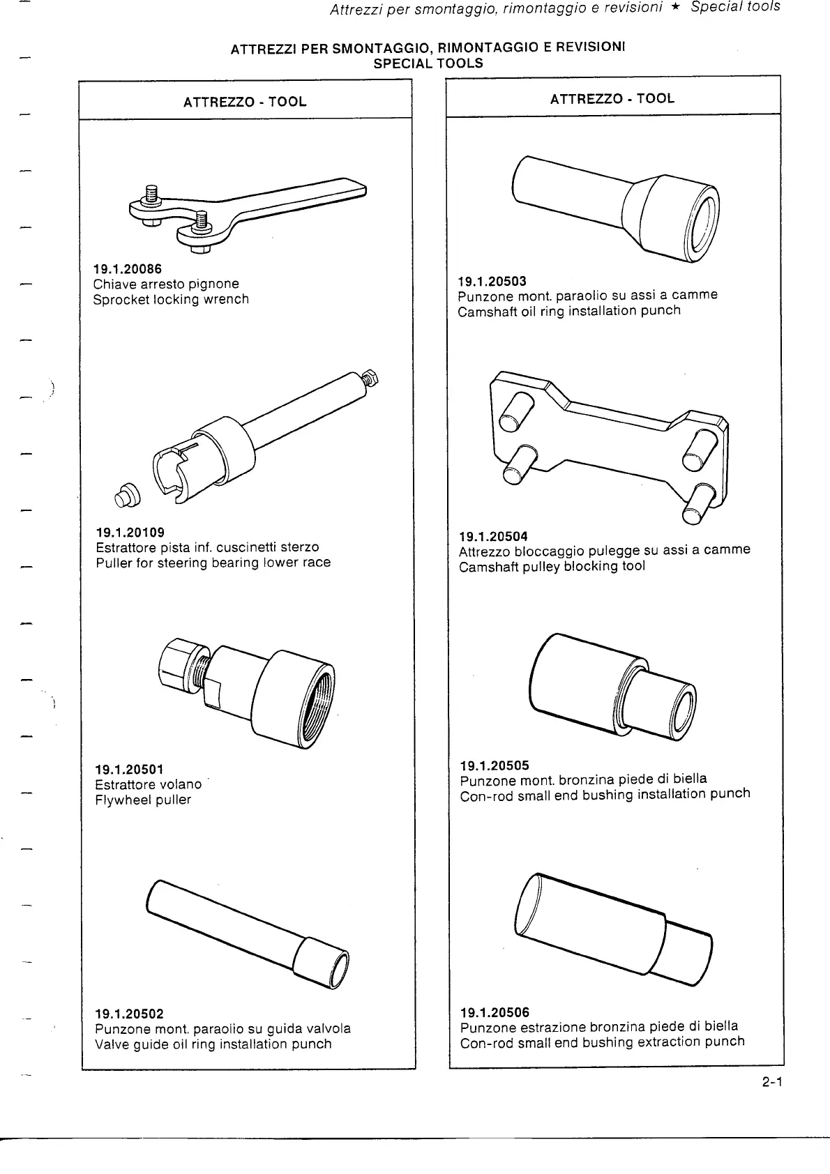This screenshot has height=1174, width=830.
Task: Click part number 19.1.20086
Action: pyautogui.click(x=128, y=268)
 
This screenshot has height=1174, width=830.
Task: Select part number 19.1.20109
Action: pyautogui.click(x=130, y=533)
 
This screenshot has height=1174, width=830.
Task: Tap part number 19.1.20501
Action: pyautogui.click(x=129, y=769)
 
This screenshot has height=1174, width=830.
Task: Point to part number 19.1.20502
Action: pyautogui.click(x=129, y=1013)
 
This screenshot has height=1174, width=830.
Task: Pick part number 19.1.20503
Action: pyautogui.click(x=492, y=281)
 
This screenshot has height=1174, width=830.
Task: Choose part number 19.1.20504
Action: pyautogui.click(x=493, y=536)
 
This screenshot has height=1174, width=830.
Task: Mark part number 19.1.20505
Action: pyautogui.click(x=495, y=764)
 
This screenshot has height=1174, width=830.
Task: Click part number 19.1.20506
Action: pyautogui.click(x=495, y=1012)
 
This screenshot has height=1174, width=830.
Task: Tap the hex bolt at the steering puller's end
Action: pyautogui.click(x=372, y=379)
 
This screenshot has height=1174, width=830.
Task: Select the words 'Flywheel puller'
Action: pyautogui.click(x=142, y=800)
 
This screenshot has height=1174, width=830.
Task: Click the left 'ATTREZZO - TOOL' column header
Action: pyautogui.click(x=245, y=102)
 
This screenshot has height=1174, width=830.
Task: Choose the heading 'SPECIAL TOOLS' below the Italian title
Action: pyautogui.click(x=428, y=63)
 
